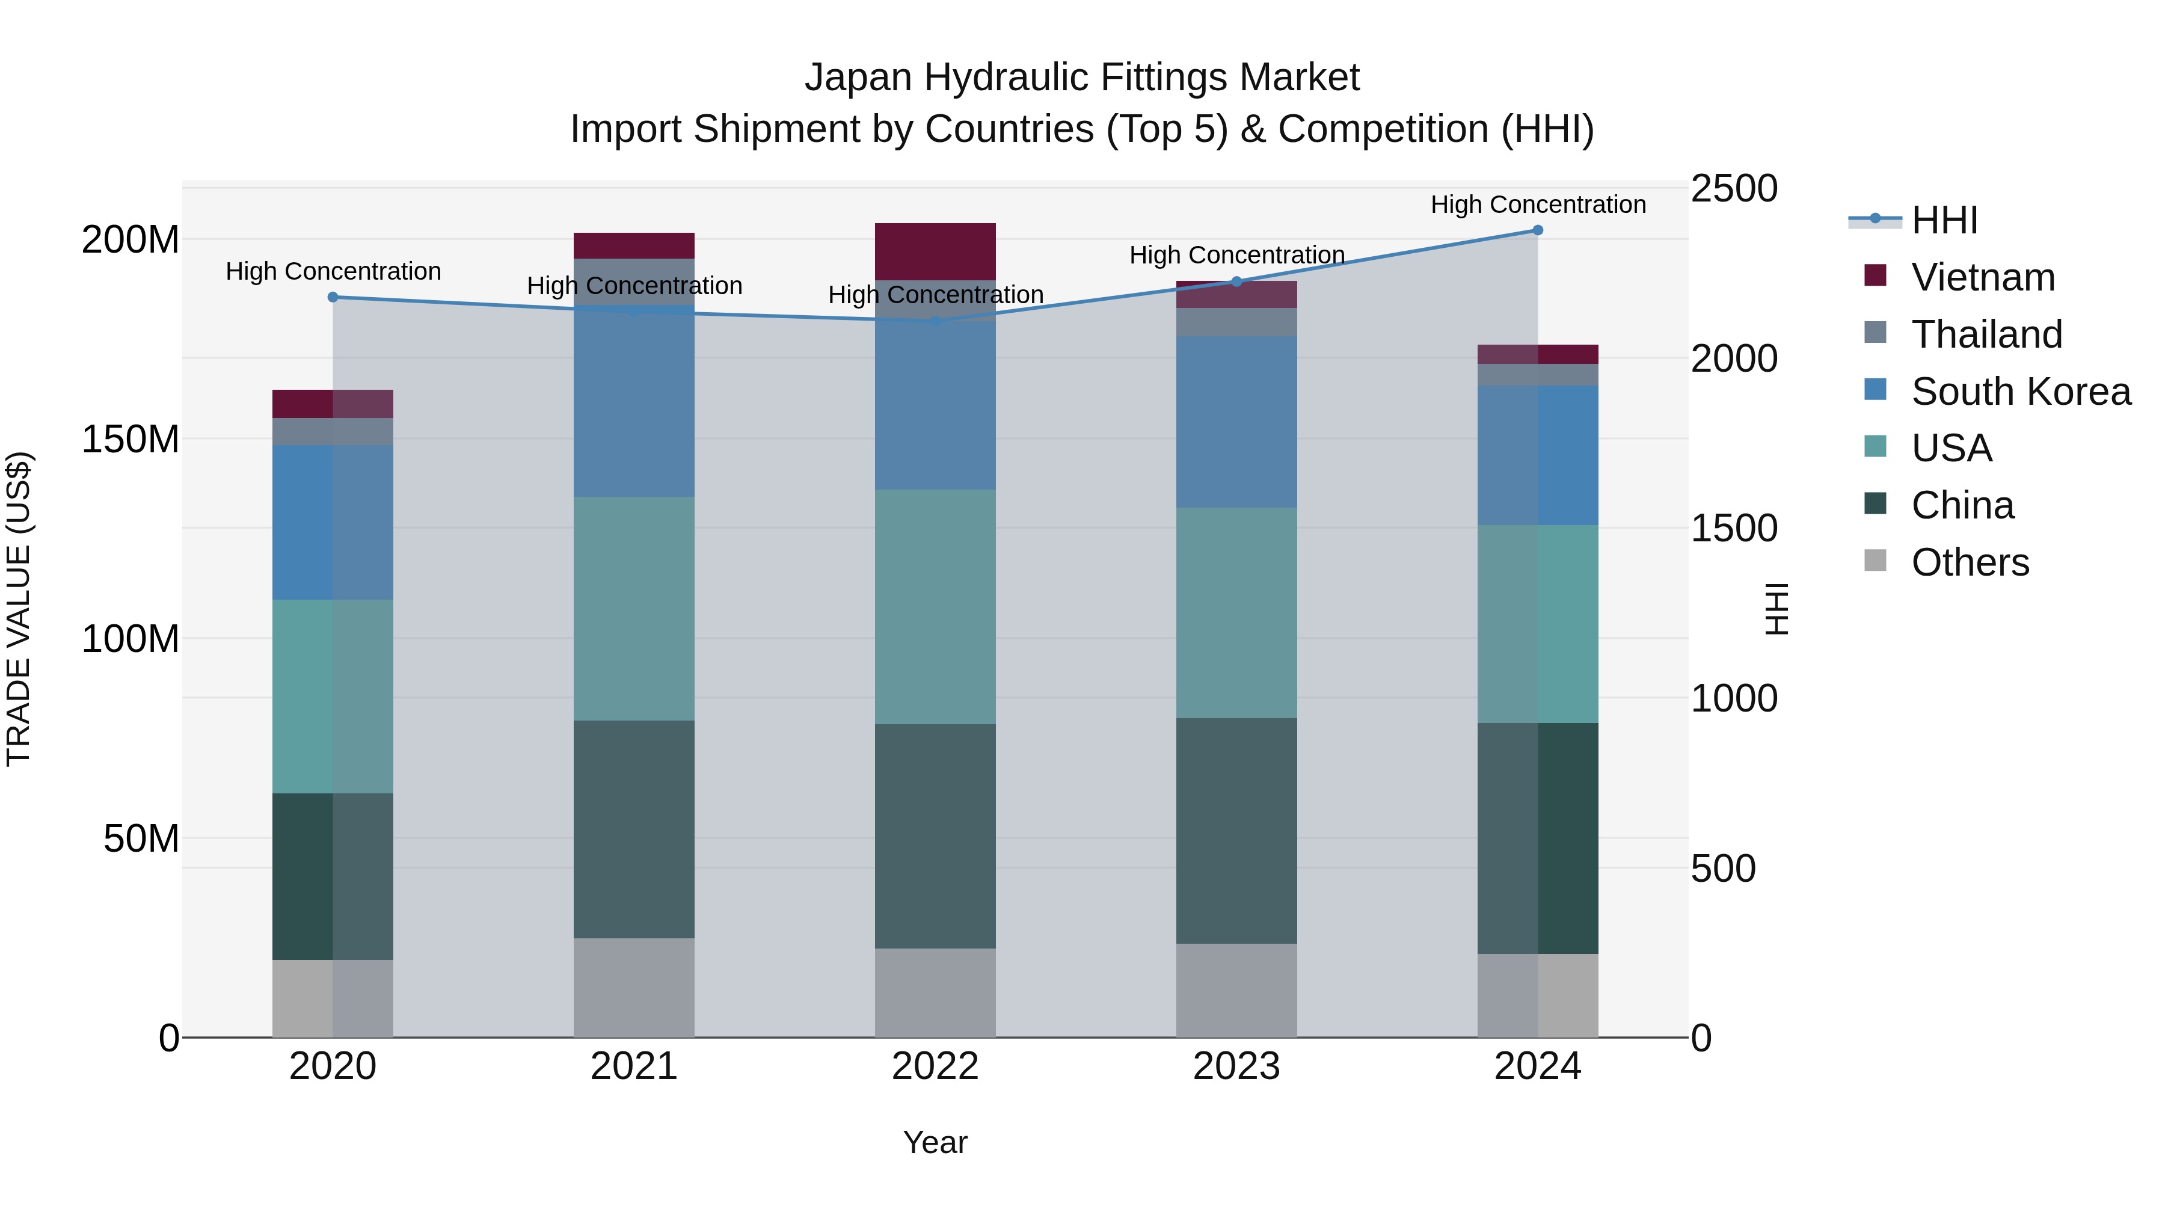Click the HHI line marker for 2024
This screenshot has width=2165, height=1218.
click(x=1537, y=230)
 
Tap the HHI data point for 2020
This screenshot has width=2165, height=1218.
click(x=333, y=297)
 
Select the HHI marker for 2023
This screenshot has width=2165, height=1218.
click(x=1236, y=281)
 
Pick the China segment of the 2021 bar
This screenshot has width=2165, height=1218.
click(x=634, y=829)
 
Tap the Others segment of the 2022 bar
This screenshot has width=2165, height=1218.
click(x=935, y=992)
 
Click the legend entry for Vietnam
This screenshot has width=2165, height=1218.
click(x=1983, y=277)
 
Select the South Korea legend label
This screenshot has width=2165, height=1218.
click(x=2021, y=392)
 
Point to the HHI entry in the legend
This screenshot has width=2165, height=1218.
click(x=1944, y=220)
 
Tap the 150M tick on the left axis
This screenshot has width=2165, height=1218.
click(x=131, y=439)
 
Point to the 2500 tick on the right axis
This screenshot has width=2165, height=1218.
click(x=1734, y=189)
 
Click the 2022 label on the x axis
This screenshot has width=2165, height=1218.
click(x=935, y=1066)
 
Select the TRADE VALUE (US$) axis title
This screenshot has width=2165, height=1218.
click(x=19, y=609)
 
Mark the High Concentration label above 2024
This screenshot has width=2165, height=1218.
click(x=1538, y=205)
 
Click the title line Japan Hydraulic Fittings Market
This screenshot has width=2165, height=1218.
click(x=1082, y=78)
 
